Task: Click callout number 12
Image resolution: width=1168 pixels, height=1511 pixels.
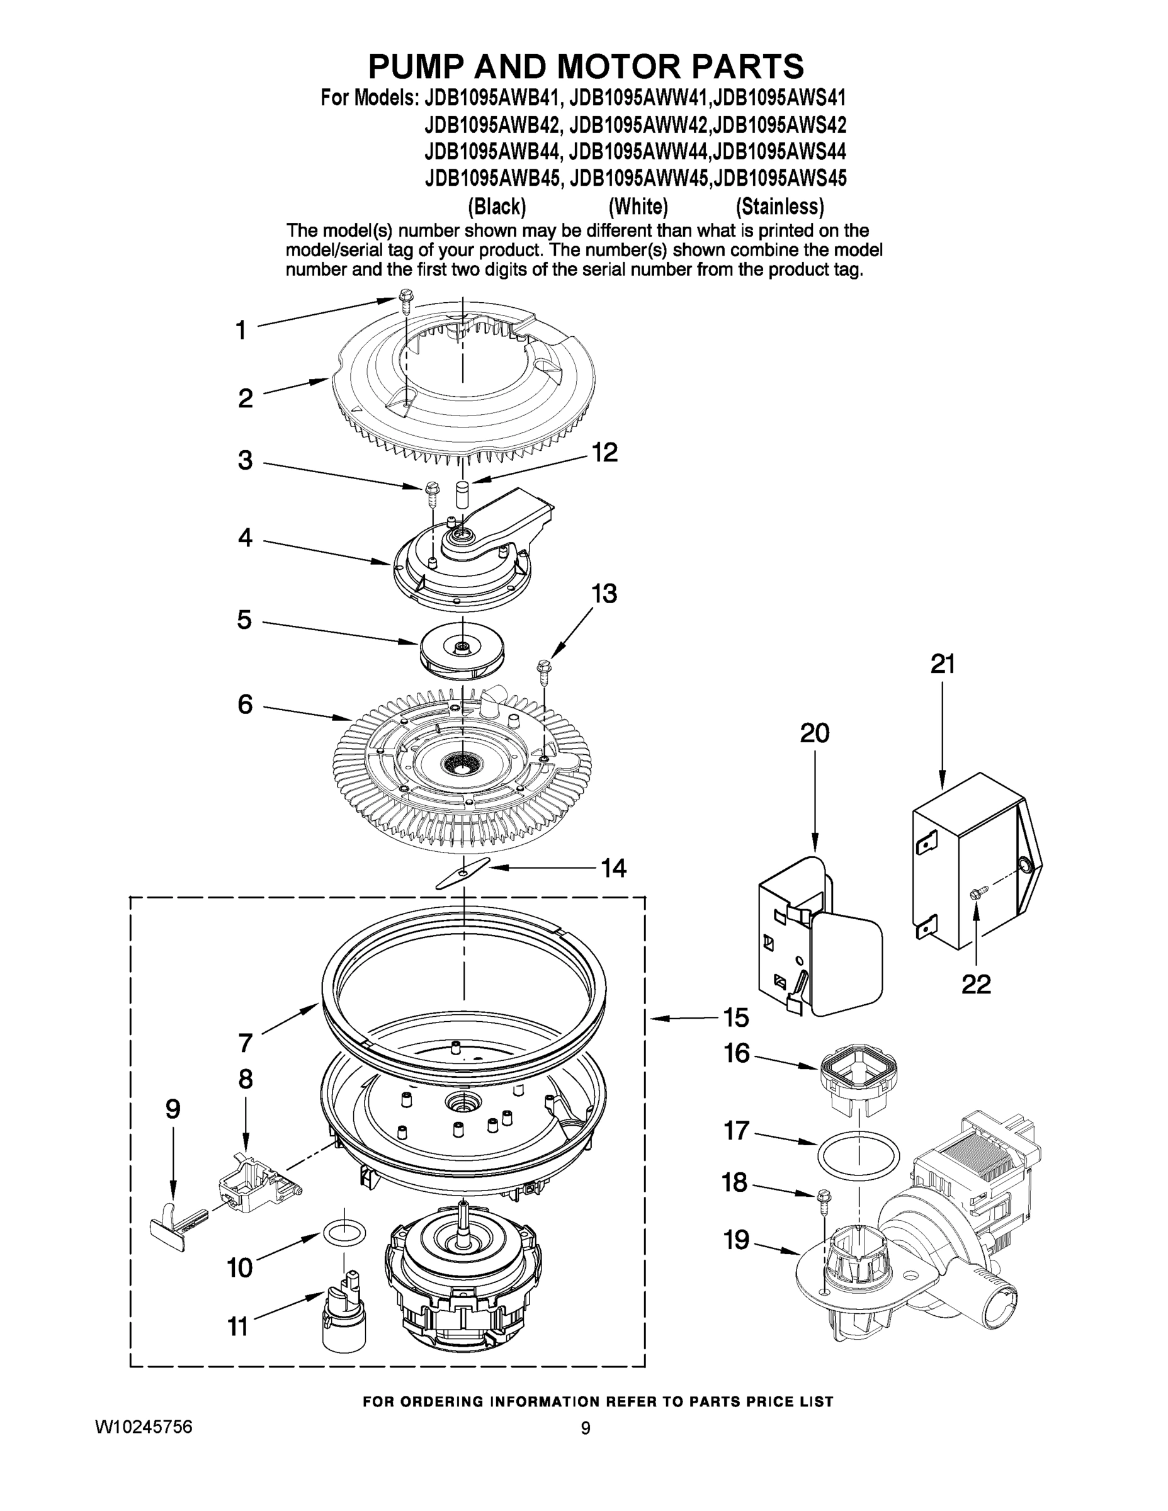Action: coord(604,453)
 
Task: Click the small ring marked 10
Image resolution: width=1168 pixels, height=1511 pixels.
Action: coord(344,1232)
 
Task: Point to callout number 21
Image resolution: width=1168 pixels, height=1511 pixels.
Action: coord(943,664)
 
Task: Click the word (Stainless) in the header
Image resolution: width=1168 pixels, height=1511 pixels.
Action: coord(779,206)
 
